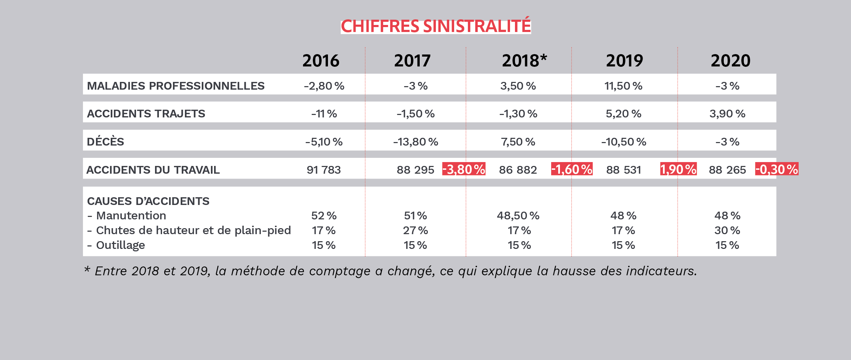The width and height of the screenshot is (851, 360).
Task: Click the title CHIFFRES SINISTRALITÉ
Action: [436, 26]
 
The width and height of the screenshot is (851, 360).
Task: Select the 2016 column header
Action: [321, 61]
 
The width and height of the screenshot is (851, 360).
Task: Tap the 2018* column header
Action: [524, 61]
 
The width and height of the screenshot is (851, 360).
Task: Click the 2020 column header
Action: [730, 61]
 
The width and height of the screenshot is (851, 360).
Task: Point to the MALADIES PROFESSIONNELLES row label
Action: [175, 86]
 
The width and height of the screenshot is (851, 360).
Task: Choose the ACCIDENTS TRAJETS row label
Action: [146, 114]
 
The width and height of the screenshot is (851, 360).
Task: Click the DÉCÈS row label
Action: [105, 142]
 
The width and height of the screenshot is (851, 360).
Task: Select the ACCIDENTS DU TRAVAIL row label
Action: [153, 170]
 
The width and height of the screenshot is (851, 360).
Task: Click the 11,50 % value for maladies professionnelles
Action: [623, 86]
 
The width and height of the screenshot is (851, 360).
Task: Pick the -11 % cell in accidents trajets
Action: [324, 114]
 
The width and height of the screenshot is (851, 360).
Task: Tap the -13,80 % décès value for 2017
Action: [415, 142]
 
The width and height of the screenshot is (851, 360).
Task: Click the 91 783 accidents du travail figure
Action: [324, 170]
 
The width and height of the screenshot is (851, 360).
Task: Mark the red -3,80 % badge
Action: [464, 169]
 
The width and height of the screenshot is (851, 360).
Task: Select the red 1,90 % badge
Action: [678, 169]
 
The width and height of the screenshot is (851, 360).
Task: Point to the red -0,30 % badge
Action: [777, 169]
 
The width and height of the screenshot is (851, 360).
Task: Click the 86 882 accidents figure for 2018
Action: [518, 170]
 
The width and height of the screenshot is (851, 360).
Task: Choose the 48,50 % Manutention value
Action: [518, 216]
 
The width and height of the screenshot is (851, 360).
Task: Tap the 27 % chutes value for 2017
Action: [415, 230]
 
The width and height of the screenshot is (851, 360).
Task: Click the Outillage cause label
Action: [120, 245]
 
